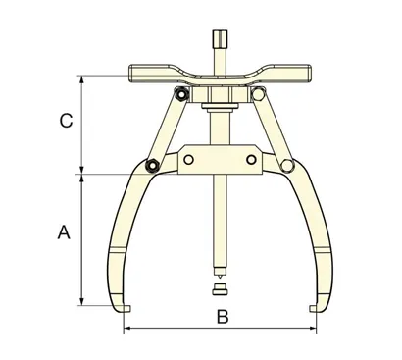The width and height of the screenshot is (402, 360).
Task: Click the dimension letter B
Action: coord(222,316)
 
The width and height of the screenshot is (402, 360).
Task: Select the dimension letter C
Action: coord(65,122)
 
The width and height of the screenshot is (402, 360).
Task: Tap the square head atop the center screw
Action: coord(217,46)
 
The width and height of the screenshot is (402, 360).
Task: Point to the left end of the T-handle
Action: coord(134,71)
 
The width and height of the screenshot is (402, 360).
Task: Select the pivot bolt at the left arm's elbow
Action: coord(152,165)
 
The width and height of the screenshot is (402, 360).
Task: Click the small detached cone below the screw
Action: coord(218,290)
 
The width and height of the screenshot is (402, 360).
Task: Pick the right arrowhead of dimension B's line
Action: coord(314,329)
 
